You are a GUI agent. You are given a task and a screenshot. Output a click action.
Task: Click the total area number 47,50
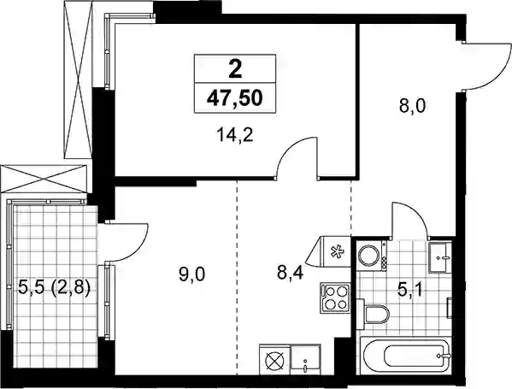(235, 98)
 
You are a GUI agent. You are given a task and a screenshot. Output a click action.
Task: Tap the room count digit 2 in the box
(235, 69)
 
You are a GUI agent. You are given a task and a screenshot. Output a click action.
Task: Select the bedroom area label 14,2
(235, 134)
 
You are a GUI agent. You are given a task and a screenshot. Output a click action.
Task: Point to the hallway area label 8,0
(412, 105)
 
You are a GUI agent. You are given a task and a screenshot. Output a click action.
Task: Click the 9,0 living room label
(192, 274)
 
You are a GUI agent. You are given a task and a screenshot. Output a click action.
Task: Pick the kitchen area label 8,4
(291, 273)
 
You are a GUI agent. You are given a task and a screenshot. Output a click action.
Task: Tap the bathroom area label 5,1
(410, 290)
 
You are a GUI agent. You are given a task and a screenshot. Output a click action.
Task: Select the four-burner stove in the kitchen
(335, 298)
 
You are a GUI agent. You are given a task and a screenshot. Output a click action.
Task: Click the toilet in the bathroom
(373, 315)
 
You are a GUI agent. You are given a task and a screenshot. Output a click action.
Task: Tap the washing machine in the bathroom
(372, 256)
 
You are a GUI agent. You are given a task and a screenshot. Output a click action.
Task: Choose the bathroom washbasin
(440, 257)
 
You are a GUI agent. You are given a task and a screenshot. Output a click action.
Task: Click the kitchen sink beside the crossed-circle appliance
(306, 359)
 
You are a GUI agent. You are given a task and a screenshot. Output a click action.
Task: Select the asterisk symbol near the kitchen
(336, 252)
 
